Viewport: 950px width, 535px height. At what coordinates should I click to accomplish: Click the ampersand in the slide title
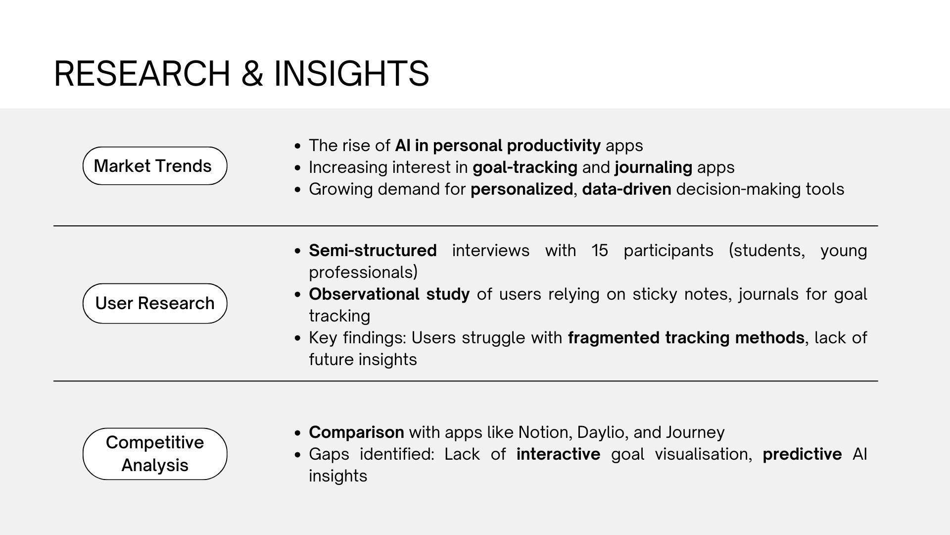[x=252, y=73]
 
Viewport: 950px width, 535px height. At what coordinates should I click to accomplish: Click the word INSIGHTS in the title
[x=351, y=73]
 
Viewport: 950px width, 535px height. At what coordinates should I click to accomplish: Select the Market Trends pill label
[x=155, y=166]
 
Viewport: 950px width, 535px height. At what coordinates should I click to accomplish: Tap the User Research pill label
[x=155, y=303]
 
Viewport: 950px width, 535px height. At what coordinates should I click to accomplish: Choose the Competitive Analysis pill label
[x=155, y=454]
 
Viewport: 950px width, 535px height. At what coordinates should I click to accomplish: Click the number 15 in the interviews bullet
[x=600, y=251]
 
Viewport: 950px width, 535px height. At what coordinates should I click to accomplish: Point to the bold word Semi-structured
[x=373, y=251]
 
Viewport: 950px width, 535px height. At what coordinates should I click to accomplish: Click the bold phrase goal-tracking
[x=525, y=168]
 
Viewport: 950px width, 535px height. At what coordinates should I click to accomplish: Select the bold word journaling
[x=653, y=168]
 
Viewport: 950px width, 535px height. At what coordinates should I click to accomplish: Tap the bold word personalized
[x=522, y=190]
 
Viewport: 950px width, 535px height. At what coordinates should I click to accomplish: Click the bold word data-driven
[x=626, y=189]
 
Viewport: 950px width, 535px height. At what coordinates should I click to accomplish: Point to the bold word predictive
[x=802, y=454]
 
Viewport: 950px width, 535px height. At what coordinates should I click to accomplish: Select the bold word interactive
[x=558, y=454]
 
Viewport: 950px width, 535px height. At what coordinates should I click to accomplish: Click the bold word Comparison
[x=356, y=433]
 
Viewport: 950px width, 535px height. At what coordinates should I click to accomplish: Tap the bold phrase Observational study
[x=389, y=295]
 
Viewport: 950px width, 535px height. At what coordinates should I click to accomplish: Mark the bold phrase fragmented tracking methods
[x=686, y=338]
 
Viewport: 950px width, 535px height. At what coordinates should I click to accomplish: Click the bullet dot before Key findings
[x=297, y=338]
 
